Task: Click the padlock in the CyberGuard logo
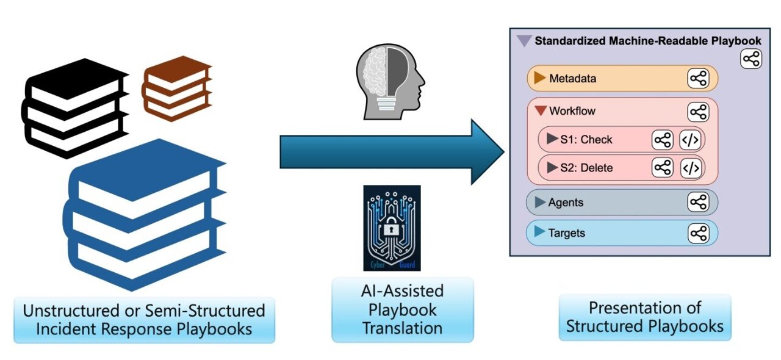click(390, 231)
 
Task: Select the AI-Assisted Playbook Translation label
click(402, 309)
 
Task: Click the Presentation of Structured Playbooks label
click(644, 317)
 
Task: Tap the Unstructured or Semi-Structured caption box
click(144, 320)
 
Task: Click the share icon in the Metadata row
click(698, 79)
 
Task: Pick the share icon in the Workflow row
click(698, 112)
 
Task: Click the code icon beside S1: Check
click(690, 140)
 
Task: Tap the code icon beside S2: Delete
click(690, 168)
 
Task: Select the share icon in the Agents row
click(698, 203)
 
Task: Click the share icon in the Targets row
click(698, 233)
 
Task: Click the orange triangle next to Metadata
click(539, 78)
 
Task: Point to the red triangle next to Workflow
click(540, 111)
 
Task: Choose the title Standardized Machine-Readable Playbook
click(647, 41)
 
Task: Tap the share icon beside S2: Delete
click(662, 168)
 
